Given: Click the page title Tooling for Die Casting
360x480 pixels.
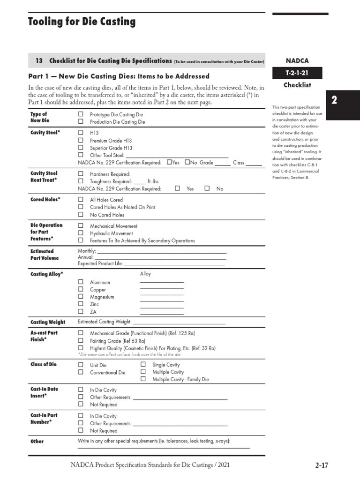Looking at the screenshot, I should tap(82, 22).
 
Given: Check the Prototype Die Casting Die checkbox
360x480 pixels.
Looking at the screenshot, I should tap(81, 114).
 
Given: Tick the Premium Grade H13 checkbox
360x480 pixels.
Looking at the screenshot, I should tap(81, 140).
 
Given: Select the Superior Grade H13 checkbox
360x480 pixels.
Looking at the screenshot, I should tap(81, 148).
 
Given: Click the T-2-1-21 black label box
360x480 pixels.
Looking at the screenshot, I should tap(297, 73).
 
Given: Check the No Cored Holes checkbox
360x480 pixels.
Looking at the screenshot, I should tap(81, 215).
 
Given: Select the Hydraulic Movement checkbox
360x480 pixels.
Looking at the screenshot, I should tap(81, 233).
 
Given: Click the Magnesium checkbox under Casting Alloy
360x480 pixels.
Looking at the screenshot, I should tap(81, 297).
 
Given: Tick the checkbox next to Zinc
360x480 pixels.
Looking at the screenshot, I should tap(81, 304).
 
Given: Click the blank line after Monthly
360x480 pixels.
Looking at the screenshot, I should tap(162, 252).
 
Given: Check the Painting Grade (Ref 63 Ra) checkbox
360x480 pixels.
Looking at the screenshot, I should tap(81, 341).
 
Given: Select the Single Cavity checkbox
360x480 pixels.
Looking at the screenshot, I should tap(143, 364).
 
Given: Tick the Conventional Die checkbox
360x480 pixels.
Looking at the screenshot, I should tap(81, 372).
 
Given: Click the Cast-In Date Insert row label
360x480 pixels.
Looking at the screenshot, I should tap(45, 392).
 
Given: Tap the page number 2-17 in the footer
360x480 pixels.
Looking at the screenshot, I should tap(322, 465).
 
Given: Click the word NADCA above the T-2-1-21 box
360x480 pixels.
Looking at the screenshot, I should tap(297, 60).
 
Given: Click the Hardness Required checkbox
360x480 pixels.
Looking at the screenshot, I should tap(81, 174).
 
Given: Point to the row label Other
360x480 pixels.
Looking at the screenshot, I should tap(37, 442).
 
